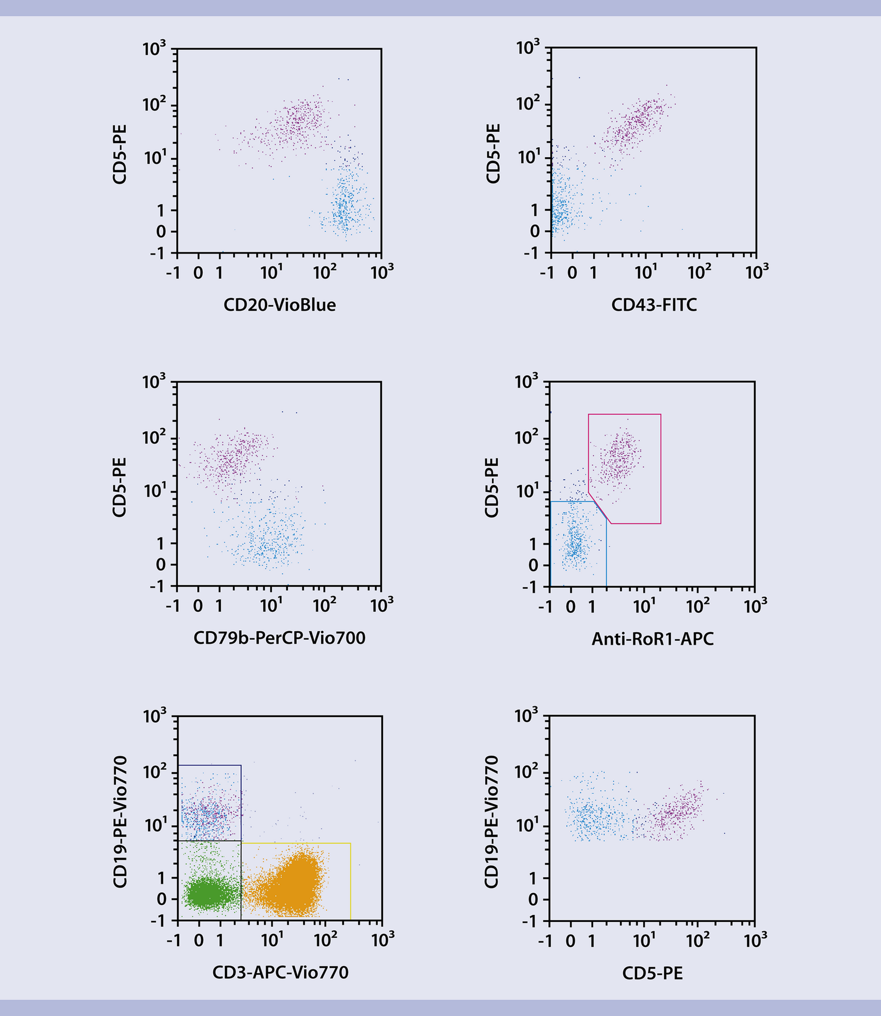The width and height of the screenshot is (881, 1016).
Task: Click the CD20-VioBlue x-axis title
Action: coord(279,305)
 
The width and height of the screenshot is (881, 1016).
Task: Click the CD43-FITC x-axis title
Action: coord(654,305)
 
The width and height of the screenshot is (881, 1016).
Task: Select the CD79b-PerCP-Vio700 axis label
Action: coord(279,638)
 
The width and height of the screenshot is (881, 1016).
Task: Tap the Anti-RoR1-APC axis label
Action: coord(652,639)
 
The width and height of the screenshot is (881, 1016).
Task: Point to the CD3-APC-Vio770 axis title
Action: coord(280,973)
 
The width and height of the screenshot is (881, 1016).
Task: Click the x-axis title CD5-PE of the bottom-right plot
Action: coord(652,973)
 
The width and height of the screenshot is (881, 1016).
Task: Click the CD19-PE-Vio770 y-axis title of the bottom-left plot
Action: coord(120,821)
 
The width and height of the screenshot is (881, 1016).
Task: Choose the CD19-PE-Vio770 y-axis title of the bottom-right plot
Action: coord(492,821)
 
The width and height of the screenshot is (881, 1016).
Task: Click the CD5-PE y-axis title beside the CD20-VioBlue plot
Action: coord(120,154)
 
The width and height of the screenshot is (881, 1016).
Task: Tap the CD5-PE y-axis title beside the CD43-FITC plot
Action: coord(493,154)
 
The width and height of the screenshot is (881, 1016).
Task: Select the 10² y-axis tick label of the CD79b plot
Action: coord(154,438)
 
